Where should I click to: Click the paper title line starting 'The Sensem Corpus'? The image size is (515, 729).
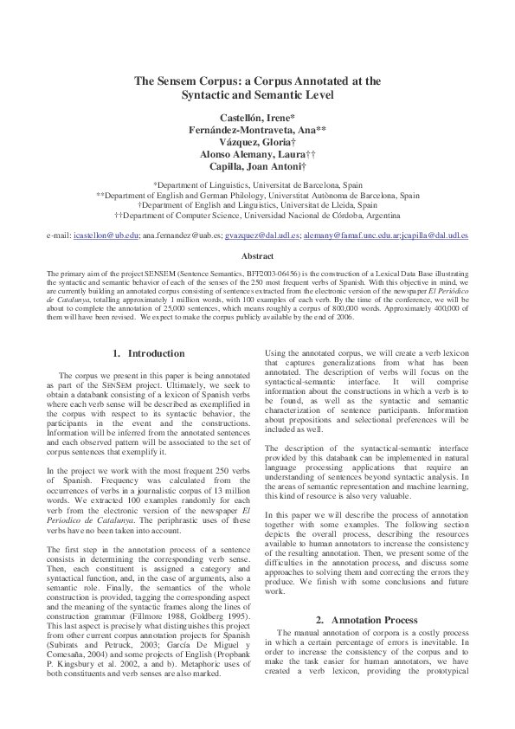click(257, 81)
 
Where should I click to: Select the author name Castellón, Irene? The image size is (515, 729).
click(257, 117)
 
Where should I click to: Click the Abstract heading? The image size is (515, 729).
click(257, 256)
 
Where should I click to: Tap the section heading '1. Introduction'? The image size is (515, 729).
click(149, 354)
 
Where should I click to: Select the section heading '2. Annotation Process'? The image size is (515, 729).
click(366, 620)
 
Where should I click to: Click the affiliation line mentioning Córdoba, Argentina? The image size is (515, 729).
click(257, 216)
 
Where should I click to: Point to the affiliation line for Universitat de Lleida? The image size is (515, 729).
click(257, 205)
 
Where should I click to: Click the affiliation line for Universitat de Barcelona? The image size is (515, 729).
click(257, 184)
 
